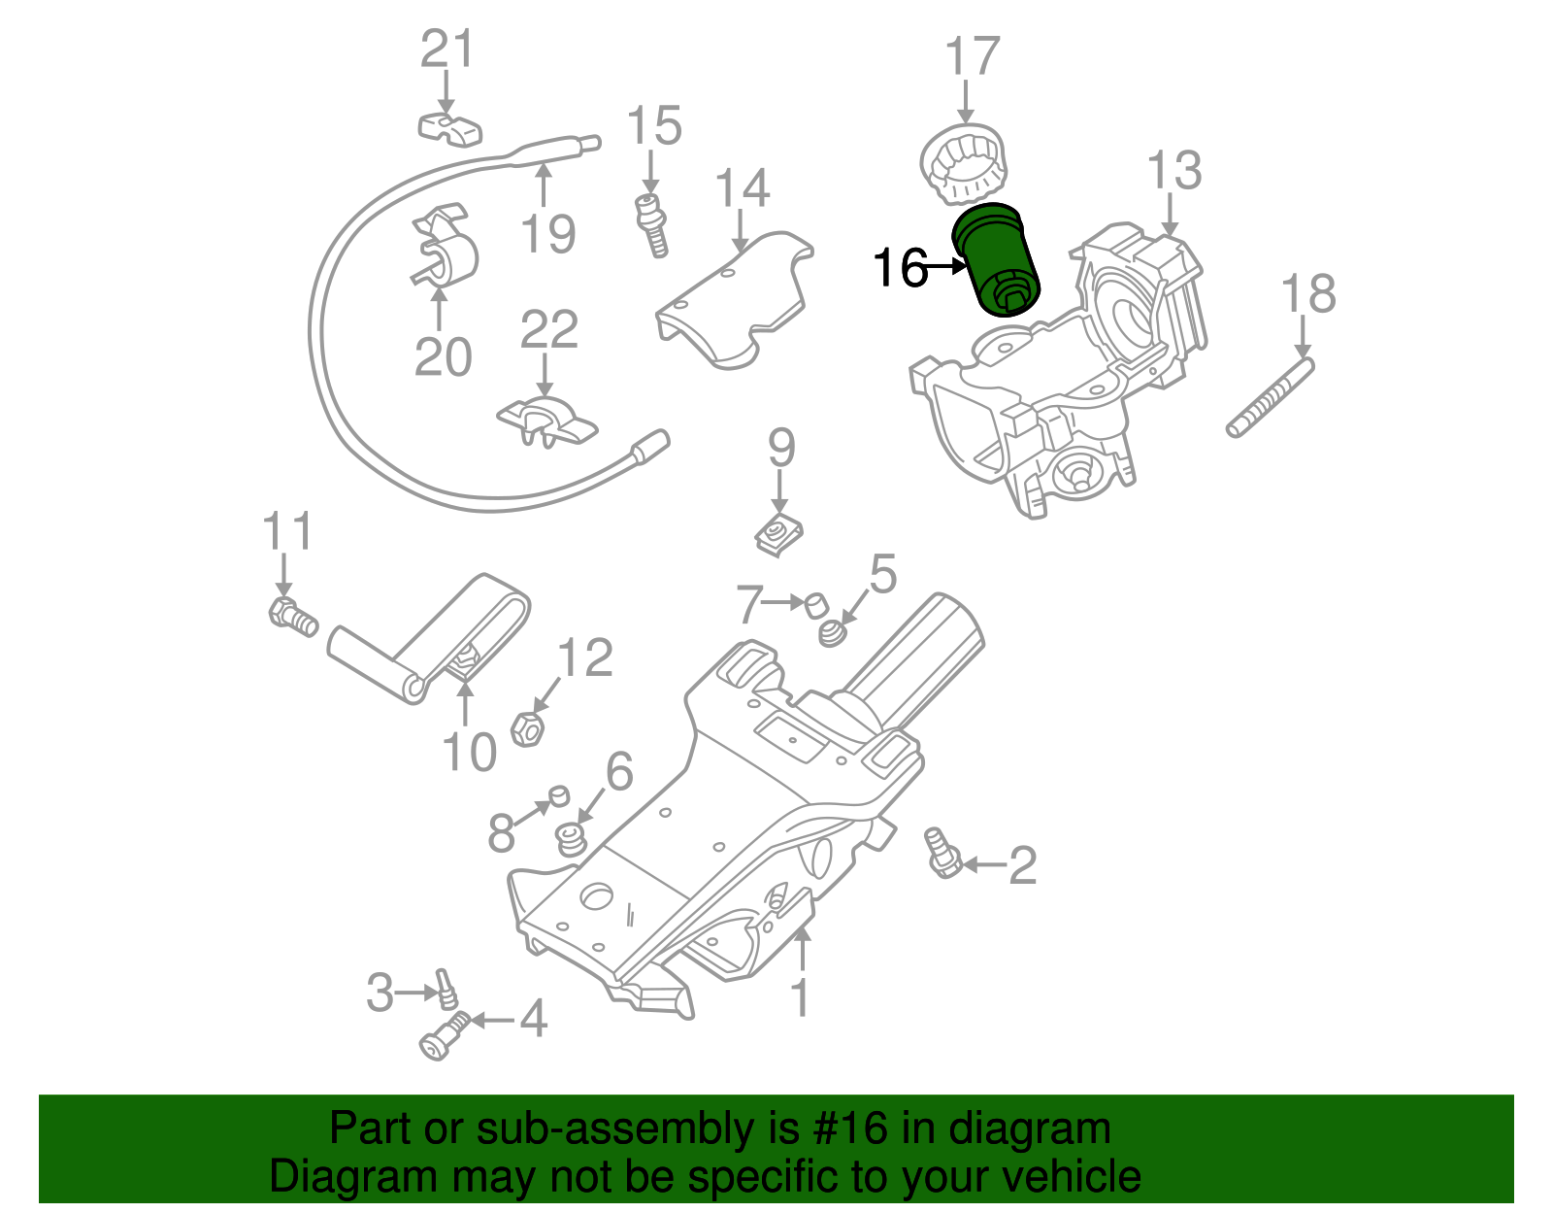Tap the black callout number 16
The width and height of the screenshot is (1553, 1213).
tap(900, 268)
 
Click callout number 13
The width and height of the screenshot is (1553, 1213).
tap(1173, 172)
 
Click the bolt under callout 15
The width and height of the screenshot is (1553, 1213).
tap(651, 225)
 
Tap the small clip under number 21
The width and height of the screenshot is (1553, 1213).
tap(450, 127)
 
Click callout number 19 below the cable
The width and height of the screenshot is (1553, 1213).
tap(547, 233)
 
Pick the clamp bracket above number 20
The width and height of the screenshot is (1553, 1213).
tap(445, 250)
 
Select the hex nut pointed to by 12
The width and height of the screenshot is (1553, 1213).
tap(526, 728)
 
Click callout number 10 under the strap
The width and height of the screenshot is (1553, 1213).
tap(469, 752)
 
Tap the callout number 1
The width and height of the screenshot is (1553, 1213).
tap(800, 998)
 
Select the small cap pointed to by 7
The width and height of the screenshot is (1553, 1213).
tap(817, 605)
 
